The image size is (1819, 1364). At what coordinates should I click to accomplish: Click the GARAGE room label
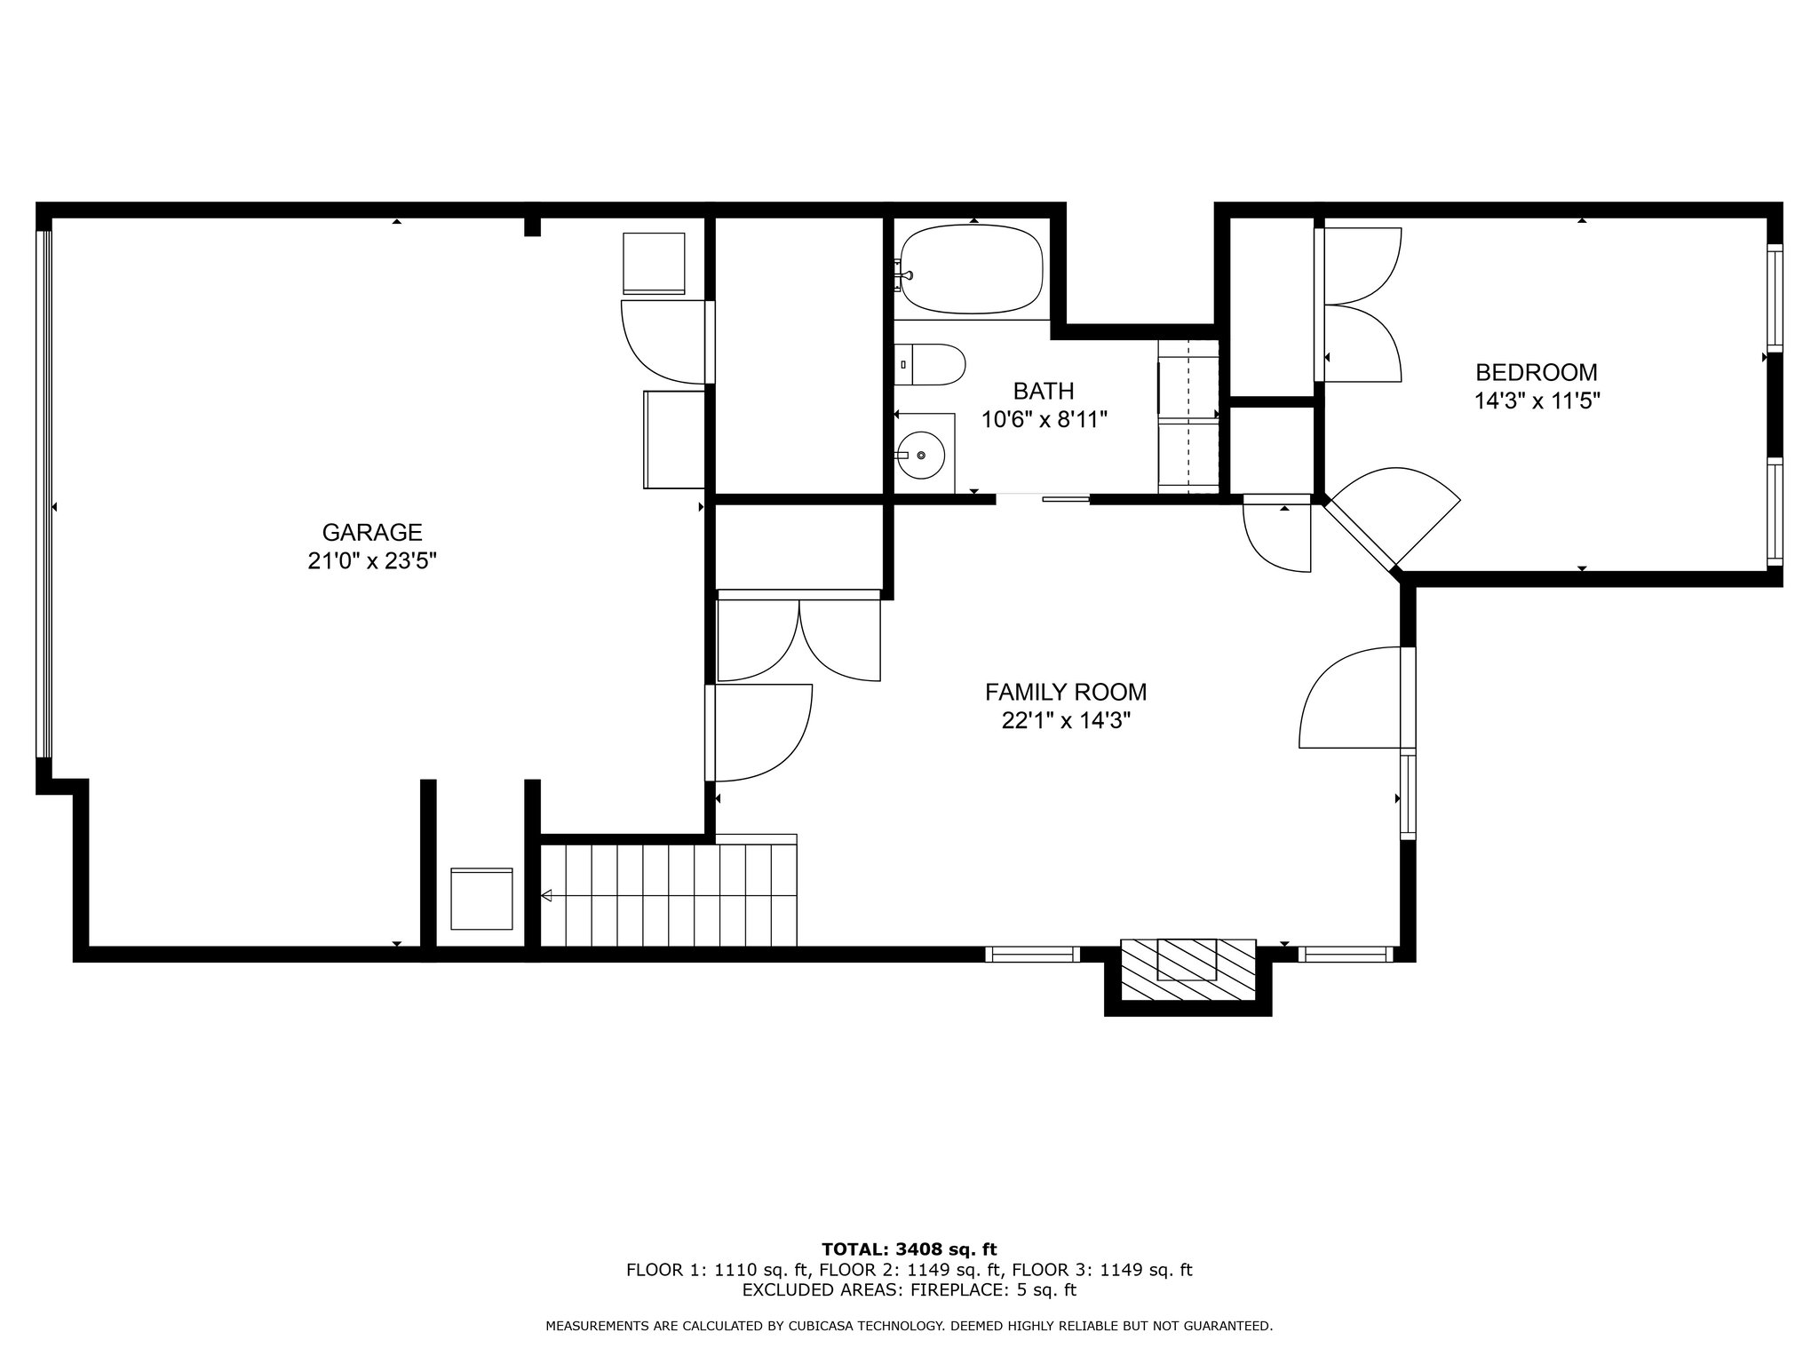pyautogui.click(x=372, y=533)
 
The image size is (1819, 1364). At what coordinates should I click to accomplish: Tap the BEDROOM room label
pyautogui.click(x=1537, y=372)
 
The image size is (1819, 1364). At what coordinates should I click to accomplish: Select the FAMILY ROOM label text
pyautogui.click(x=1066, y=692)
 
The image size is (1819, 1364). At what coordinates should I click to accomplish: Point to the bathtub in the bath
pyautogui.click(x=973, y=269)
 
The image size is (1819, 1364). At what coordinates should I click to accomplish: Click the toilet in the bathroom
pyautogui.click(x=929, y=365)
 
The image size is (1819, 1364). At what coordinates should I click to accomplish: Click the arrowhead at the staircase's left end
pyautogui.click(x=546, y=896)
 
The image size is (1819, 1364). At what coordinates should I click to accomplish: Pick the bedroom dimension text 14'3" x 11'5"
pyautogui.click(x=1537, y=401)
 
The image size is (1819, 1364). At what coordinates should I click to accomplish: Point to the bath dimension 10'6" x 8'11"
pyautogui.click(x=1045, y=420)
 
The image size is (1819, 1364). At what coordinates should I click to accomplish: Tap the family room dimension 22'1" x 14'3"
pyautogui.click(x=1066, y=721)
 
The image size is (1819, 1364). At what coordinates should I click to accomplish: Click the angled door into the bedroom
pyautogui.click(x=1390, y=521)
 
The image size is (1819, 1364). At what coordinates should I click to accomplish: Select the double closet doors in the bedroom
pyautogui.click(x=1358, y=305)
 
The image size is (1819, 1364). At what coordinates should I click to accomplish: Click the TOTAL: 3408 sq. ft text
pyautogui.click(x=909, y=1250)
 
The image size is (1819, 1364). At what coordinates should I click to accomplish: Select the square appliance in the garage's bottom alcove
pyautogui.click(x=482, y=899)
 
